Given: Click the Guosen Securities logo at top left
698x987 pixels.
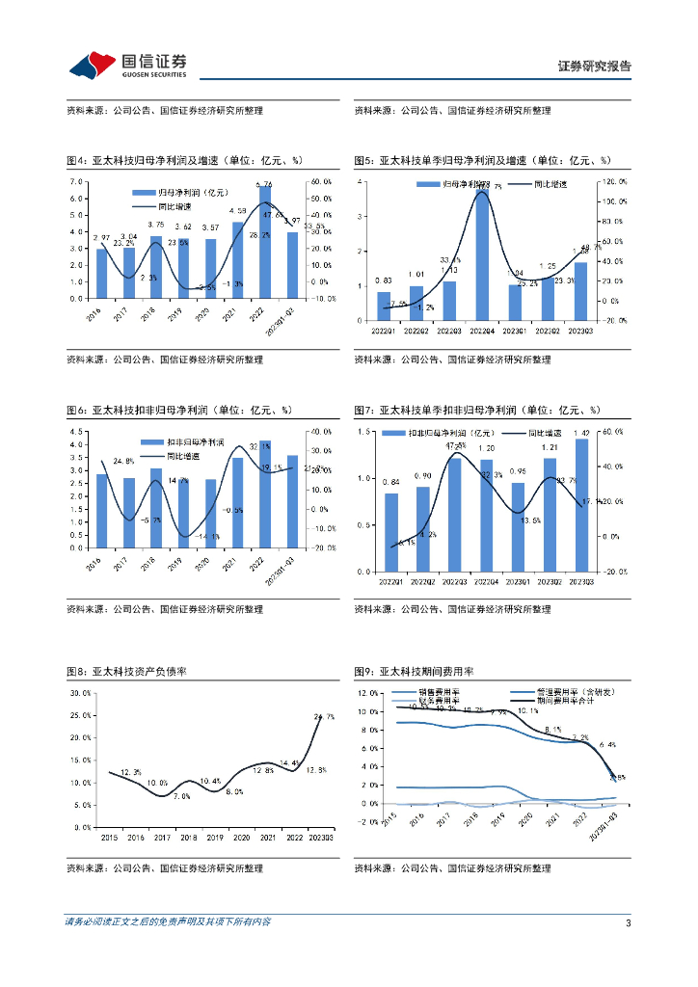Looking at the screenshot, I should [x=126, y=64].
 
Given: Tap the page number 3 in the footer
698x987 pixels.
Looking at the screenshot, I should [x=628, y=923].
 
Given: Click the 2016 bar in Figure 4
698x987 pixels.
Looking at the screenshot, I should [x=102, y=274].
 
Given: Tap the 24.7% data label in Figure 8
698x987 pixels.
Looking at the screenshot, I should [x=324, y=716].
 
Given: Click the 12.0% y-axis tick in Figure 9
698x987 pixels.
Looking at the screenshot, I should [x=367, y=694].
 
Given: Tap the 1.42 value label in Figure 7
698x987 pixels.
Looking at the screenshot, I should [x=582, y=434].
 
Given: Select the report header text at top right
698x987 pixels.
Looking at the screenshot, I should [x=595, y=67].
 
